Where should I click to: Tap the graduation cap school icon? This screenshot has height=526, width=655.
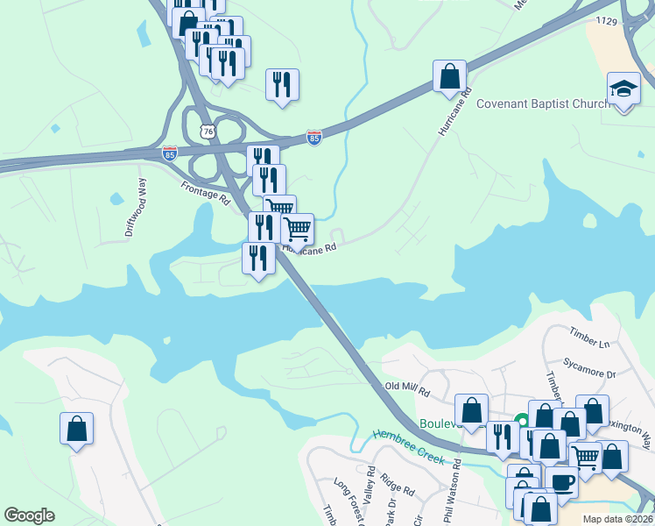pyautogui.click(x=623, y=89)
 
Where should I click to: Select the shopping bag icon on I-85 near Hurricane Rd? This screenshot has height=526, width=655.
pyautogui.click(x=449, y=76)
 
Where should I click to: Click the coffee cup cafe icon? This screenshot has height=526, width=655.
pyautogui.click(x=561, y=481)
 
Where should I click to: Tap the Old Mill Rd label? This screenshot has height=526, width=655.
pyautogui.click(x=408, y=387)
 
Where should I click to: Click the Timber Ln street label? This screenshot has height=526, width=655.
pyautogui.click(x=588, y=338)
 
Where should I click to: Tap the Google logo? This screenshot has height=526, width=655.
pyautogui.click(x=30, y=515)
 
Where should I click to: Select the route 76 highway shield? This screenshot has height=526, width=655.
pyautogui.click(x=208, y=131)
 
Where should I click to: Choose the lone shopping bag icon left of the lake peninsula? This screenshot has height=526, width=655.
pyautogui.click(x=76, y=428)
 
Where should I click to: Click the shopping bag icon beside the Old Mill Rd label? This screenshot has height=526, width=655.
pyautogui.click(x=471, y=410)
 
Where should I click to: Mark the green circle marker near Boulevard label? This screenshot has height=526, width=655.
pyautogui.click(x=522, y=421)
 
